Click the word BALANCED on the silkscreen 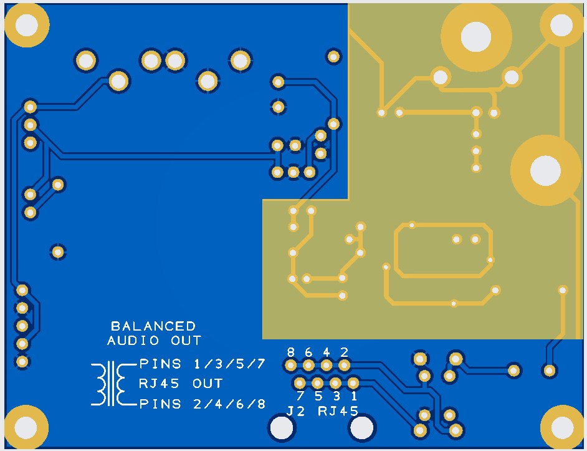click(153, 326)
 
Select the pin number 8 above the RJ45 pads click(291, 352)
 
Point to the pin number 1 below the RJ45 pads click(354, 395)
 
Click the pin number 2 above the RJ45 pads click(344, 352)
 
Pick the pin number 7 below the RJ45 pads click(300, 395)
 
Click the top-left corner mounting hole click(27, 25)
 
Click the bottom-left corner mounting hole click(26, 427)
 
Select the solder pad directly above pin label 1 click(353, 382)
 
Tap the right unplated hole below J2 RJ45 click(362, 428)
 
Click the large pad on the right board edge click(546, 170)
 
